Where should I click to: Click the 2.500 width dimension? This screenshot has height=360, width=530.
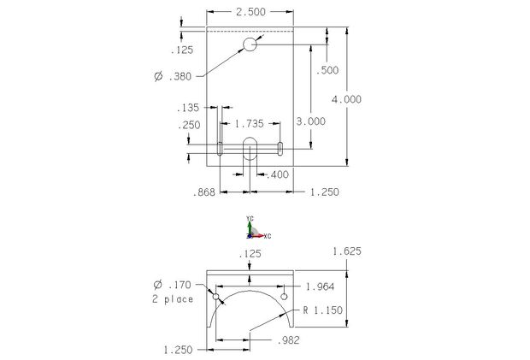250,12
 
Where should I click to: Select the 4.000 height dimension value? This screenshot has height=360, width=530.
346,99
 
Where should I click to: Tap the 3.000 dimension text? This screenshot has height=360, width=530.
309,121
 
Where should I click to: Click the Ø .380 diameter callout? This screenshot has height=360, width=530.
173,77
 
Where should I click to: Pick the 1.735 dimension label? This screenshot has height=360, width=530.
250,125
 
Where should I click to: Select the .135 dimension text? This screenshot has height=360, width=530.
188,108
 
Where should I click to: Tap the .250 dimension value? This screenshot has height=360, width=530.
190,126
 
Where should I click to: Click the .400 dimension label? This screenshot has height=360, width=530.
278,174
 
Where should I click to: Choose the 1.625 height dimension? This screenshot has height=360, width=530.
346,251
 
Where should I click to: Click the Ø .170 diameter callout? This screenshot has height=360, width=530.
172,285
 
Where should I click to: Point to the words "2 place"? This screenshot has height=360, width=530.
173,298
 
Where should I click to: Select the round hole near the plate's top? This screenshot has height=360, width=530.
250,44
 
